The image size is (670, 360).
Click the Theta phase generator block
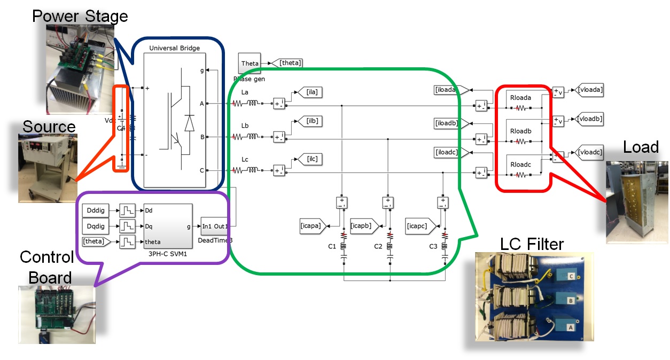[x=250, y=64]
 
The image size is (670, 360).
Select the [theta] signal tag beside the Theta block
[x=289, y=64]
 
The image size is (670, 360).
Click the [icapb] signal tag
[x=364, y=225]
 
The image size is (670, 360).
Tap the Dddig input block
[x=97, y=211]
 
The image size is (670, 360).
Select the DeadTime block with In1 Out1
[x=215, y=226]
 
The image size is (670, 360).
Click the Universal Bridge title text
[x=174, y=48]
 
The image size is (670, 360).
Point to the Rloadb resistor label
[x=520, y=130]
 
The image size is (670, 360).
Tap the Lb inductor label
[x=245, y=126]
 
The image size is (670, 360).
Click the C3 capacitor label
[x=433, y=246]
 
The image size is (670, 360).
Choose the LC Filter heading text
[x=532, y=245]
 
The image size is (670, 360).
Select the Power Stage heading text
[x=80, y=16]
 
